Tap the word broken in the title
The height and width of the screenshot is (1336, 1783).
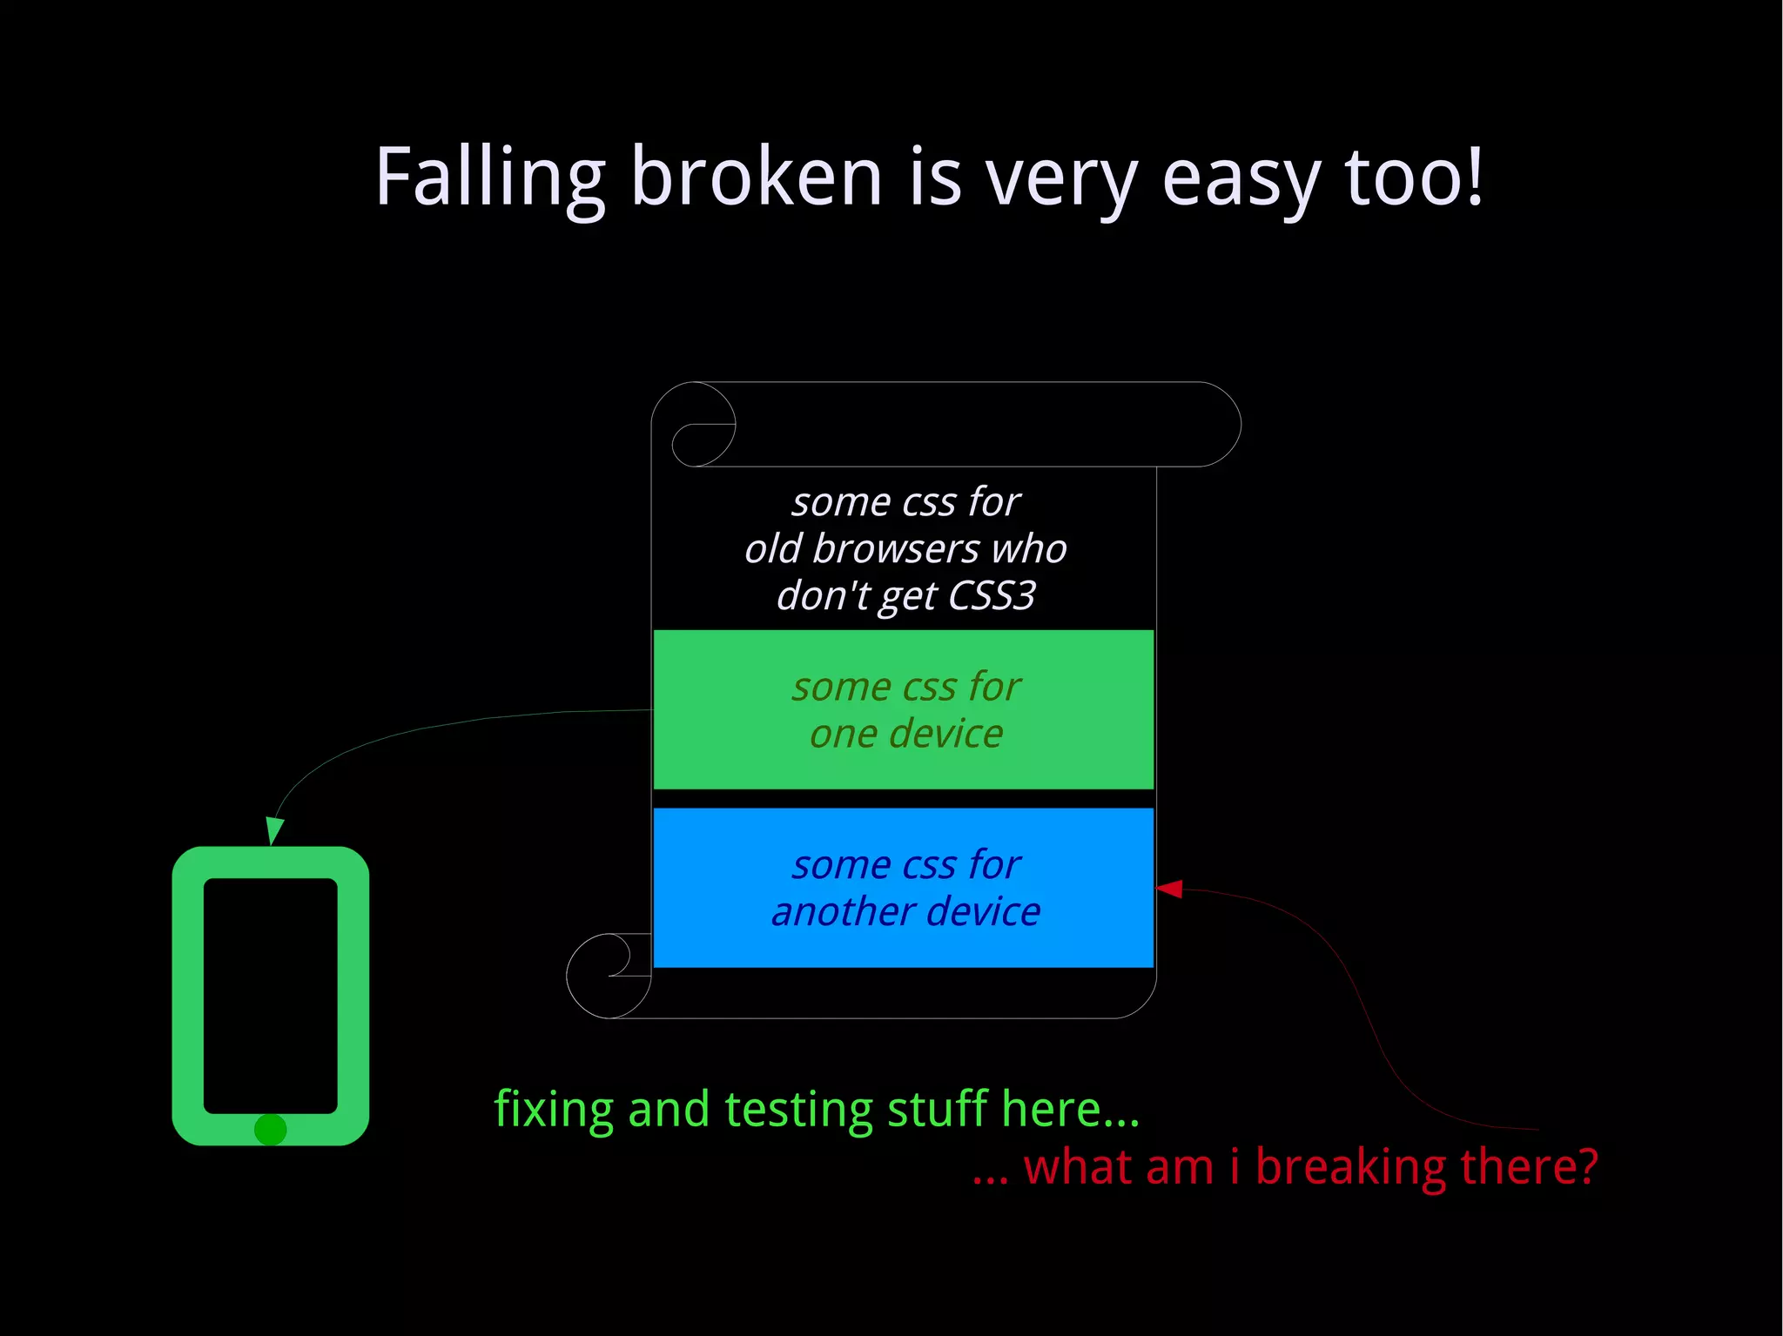[x=756, y=177]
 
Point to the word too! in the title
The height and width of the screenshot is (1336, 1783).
[x=1413, y=177]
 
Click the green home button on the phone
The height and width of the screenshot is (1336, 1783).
[x=270, y=1130]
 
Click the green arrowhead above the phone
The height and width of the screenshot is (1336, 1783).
[x=274, y=829]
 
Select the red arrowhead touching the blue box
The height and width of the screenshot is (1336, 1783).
[x=1169, y=889]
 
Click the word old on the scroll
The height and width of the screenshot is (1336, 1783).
[x=772, y=549]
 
